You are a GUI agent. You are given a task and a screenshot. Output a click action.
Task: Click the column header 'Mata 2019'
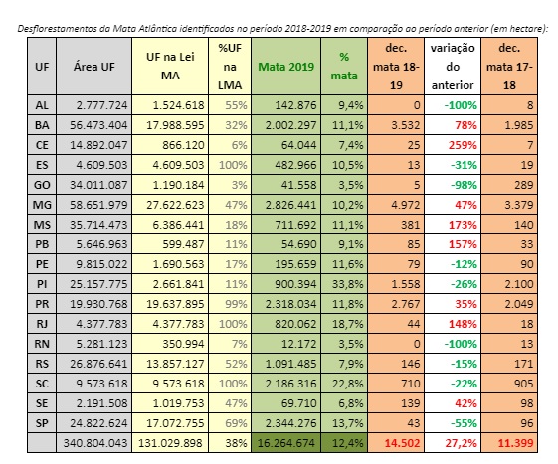(x=286, y=67)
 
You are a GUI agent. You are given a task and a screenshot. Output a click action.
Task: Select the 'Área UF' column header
(x=94, y=67)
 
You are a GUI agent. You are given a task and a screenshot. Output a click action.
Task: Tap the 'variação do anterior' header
(x=453, y=67)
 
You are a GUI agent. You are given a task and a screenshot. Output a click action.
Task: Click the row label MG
(x=42, y=205)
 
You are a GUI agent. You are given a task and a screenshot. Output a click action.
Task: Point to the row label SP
(x=42, y=423)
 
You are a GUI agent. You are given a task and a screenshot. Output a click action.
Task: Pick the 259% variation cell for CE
(x=463, y=145)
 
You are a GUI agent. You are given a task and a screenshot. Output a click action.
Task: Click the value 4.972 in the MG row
(x=406, y=205)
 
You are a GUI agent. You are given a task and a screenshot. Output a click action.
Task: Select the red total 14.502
(x=402, y=443)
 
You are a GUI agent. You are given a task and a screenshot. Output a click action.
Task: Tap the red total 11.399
(x=515, y=443)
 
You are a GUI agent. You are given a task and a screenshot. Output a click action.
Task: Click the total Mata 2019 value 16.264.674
(x=286, y=443)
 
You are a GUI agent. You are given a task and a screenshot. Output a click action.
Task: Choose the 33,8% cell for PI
(x=348, y=284)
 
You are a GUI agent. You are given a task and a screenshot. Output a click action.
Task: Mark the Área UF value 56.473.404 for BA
(x=98, y=125)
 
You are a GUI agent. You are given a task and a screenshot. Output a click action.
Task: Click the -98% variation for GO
(x=464, y=185)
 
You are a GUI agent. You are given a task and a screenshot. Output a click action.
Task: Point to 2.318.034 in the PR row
(x=290, y=304)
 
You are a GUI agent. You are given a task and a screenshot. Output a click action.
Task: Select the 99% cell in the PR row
(x=236, y=304)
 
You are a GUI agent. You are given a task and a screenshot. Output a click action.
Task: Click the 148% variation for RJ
(x=463, y=324)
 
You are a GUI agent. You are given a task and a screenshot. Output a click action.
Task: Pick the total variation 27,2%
(x=461, y=443)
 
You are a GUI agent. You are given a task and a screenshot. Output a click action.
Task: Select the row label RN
(x=42, y=344)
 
